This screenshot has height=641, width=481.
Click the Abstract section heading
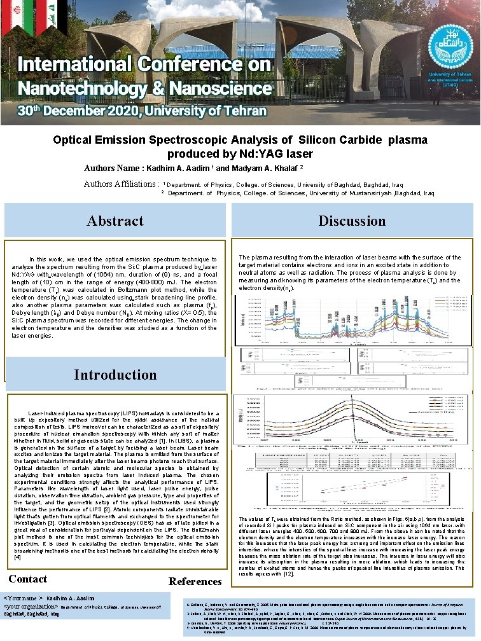[115, 221]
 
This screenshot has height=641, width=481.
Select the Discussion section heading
[352, 221]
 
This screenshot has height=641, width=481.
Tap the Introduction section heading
[115, 375]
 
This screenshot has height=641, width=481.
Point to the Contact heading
[27, 579]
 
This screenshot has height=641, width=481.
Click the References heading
[195, 581]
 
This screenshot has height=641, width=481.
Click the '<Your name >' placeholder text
[24, 598]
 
